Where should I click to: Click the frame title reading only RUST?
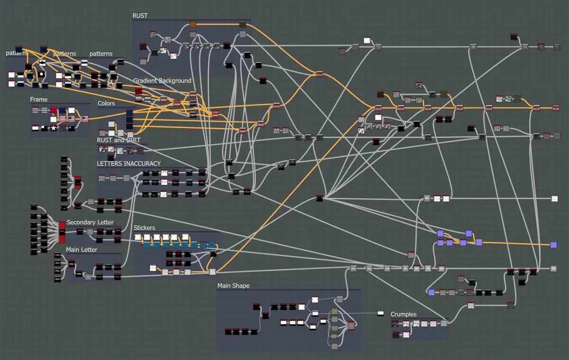(140, 16)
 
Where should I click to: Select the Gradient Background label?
(162, 81)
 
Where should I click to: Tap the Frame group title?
(39, 100)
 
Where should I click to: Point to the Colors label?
(106, 103)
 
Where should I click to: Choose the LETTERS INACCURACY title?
(128, 164)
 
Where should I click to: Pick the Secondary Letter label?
(90, 222)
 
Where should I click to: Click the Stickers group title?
(144, 228)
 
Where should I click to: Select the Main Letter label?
(82, 250)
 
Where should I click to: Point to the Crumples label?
(404, 314)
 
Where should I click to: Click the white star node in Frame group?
(54, 128)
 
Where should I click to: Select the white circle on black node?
(42, 74)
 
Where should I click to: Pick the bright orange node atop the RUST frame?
(193, 24)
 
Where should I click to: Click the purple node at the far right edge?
(553, 245)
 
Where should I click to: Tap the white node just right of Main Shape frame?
(380, 313)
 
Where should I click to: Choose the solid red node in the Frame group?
(54, 110)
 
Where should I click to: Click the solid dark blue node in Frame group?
(63, 110)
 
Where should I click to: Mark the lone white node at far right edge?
(554, 199)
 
